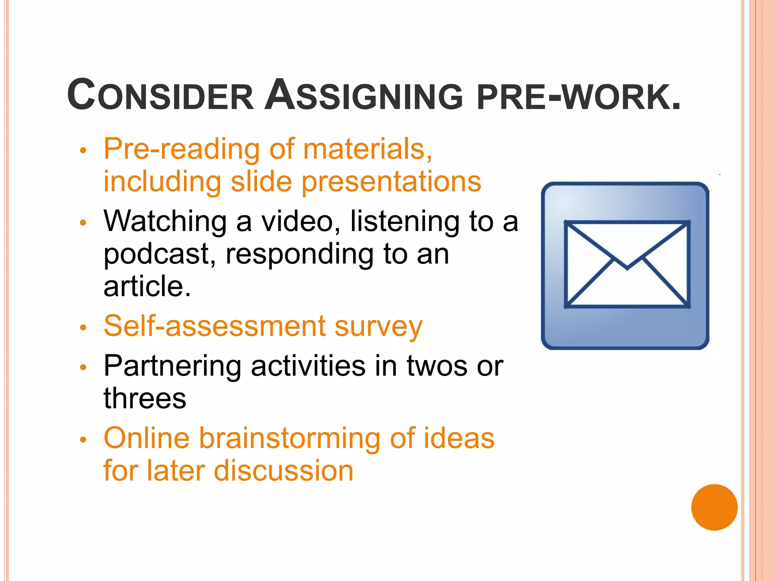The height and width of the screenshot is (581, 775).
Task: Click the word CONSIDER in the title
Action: (x=160, y=95)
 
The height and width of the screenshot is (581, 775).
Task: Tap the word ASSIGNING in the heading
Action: (x=363, y=95)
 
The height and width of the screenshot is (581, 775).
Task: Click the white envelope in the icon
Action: (x=627, y=265)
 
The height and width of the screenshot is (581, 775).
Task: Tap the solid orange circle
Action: (x=714, y=507)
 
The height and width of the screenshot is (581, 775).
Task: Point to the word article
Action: (x=147, y=286)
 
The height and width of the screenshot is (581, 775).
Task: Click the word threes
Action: (x=145, y=399)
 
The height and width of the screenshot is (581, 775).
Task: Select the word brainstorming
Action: (x=290, y=439)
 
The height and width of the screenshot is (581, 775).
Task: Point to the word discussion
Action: (x=284, y=471)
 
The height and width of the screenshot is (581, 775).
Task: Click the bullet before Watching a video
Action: (x=83, y=222)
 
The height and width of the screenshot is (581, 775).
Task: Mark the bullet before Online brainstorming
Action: (x=83, y=440)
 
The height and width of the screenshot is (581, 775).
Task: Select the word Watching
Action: (x=165, y=222)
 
